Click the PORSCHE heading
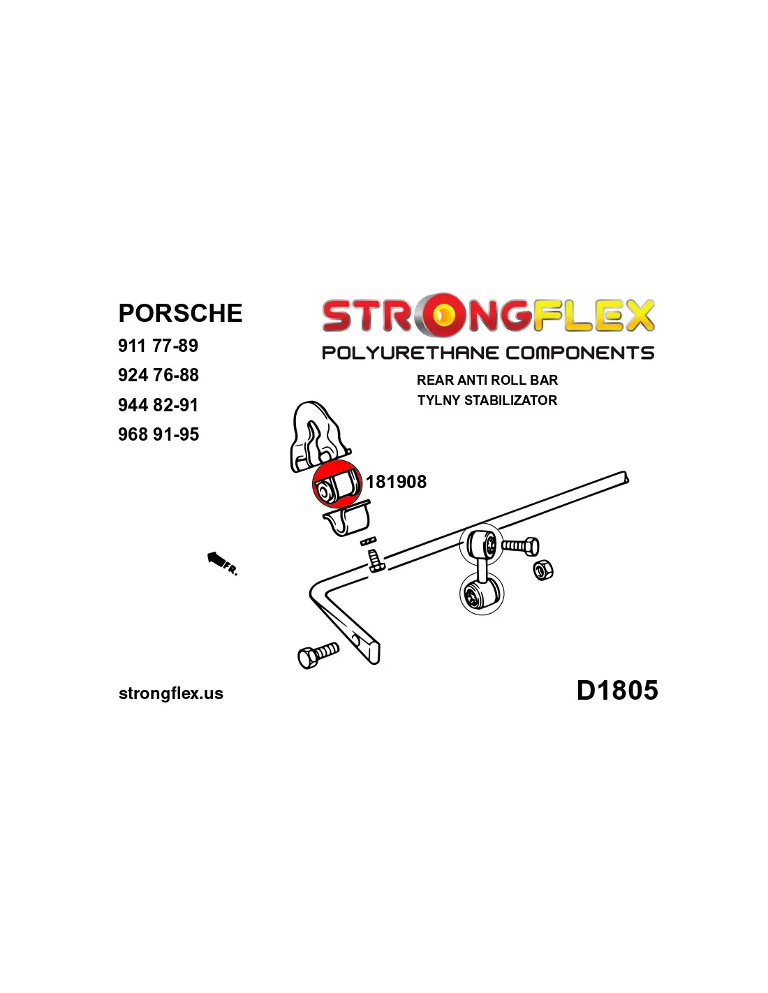(x=180, y=313)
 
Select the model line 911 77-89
(x=158, y=346)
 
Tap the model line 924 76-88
(x=158, y=375)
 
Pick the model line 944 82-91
(x=158, y=405)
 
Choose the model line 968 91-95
(x=158, y=434)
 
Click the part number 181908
(x=396, y=482)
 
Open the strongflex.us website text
(x=171, y=693)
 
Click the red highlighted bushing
(x=337, y=485)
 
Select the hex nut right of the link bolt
(x=542, y=571)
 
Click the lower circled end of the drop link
(x=482, y=594)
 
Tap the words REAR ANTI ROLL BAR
(x=487, y=380)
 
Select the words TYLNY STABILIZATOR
(x=487, y=400)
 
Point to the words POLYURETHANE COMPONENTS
(x=488, y=353)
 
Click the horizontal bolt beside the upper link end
(x=520, y=546)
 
